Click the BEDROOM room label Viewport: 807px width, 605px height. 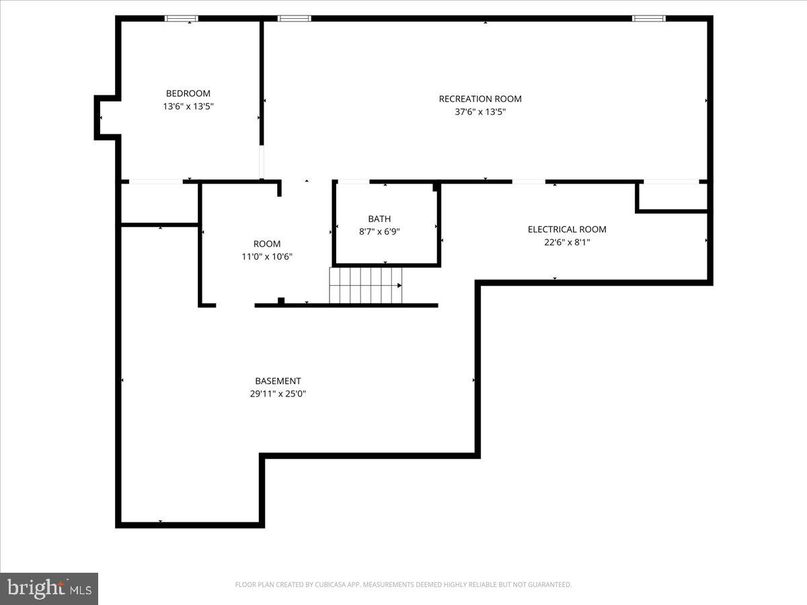[x=188, y=93]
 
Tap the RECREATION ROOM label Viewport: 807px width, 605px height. [x=480, y=99]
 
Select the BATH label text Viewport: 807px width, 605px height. [x=379, y=218]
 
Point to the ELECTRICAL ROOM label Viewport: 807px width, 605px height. [x=567, y=229]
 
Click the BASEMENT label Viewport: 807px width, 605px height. [x=278, y=381]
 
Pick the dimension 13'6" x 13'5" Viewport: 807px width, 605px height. [x=188, y=106]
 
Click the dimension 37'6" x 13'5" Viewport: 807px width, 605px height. [x=480, y=112]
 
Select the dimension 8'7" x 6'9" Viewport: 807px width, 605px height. [x=379, y=231]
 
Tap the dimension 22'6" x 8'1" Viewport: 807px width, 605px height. [x=567, y=242]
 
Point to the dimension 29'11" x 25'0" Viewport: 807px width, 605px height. [x=278, y=394]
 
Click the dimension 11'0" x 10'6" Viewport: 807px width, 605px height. [x=267, y=256]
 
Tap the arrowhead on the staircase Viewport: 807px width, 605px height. [x=399, y=286]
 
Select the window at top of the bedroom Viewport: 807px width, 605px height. [x=182, y=18]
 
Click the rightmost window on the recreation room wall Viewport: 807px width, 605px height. [x=648, y=18]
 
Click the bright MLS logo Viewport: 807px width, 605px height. [x=49, y=588]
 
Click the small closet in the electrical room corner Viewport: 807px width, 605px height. [x=672, y=196]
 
